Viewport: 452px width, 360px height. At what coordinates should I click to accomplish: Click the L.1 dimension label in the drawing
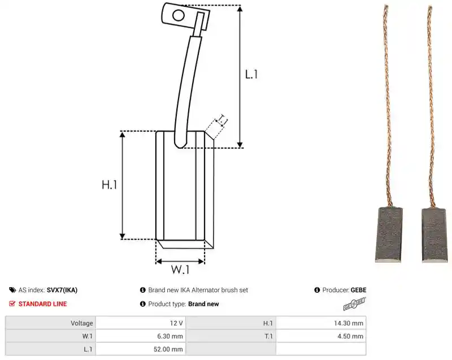coord(251,75)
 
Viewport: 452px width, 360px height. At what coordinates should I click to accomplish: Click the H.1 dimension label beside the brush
coord(110,184)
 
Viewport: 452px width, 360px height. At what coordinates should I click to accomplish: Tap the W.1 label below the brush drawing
coord(180,270)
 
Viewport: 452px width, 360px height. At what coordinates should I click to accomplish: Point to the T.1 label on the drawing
coord(222,120)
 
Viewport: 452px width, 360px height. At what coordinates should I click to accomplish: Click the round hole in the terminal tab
coord(178,15)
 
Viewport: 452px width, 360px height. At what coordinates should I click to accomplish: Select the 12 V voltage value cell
coord(141,323)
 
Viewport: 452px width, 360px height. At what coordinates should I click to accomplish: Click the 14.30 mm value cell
coord(321,323)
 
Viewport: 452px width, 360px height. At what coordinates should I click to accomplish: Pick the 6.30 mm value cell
coord(141,336)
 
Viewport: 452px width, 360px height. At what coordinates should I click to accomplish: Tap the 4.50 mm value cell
coord(321,336)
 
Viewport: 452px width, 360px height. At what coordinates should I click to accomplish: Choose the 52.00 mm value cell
coord(141,349)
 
